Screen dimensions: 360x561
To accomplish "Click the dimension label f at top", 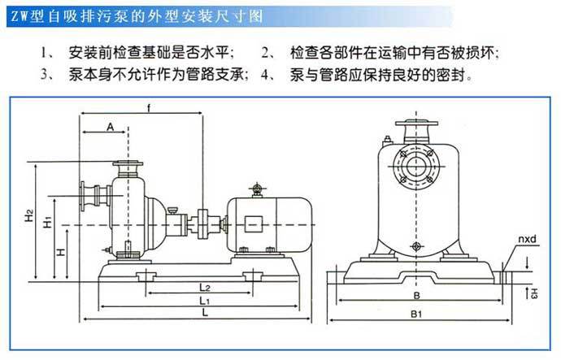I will click(x=147, y=107).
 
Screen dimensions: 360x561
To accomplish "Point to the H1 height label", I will click(x=48, y=222).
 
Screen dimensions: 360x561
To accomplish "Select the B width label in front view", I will click(x=417, y=295).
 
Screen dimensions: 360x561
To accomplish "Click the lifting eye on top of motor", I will click(x=258, y=190).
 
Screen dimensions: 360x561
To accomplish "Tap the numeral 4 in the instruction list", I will click(x=266, y=75).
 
